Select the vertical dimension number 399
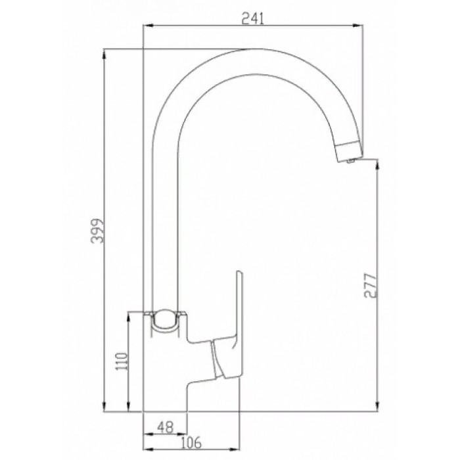point(97,231)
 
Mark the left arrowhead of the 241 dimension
point(147,27)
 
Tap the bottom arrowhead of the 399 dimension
point(105,409)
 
